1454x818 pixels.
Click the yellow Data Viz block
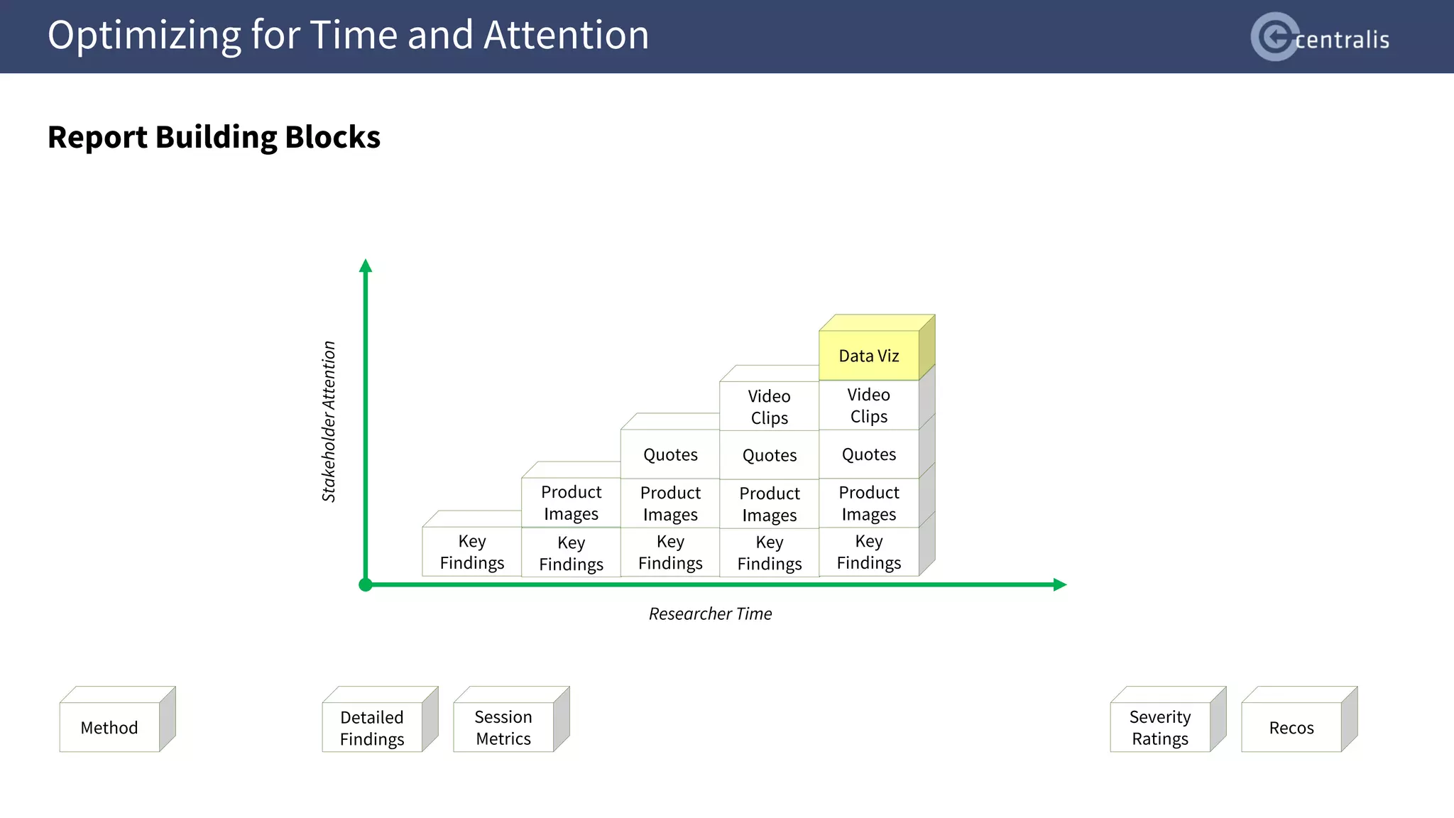pos(869,355)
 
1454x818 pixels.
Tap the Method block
pos(109,727)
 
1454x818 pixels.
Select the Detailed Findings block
pos(372,727)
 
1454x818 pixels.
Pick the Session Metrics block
pos(503,727)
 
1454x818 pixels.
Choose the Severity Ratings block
pos(1160,727)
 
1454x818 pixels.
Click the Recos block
pos(1291,727)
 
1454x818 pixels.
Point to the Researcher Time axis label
pos(710,613)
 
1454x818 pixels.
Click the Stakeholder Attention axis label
pos(329,422)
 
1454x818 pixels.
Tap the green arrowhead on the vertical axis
pos(366,266)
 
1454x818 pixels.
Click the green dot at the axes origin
pos(366,584)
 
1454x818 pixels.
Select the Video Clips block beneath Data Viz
pos(869,405)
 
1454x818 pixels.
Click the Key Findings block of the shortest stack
pos(472,552)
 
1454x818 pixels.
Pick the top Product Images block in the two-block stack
pos(571,503)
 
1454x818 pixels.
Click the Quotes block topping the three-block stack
pos(670,454)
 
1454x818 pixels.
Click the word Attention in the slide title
pos(566,36)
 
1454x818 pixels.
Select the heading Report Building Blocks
pos(214,137)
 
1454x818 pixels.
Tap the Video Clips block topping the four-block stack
pos(769,407)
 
